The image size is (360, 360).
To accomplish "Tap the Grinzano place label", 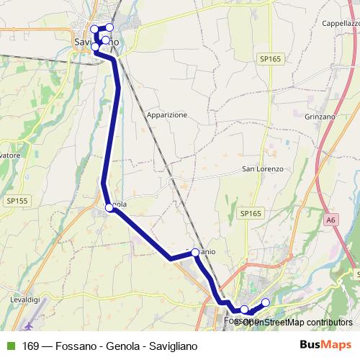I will pyautogui.click(x=320, y=116).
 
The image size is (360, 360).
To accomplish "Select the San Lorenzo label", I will pyautogui.click(x=262, y=169).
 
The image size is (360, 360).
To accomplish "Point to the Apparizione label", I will pyautogui.click(x=166, y=114).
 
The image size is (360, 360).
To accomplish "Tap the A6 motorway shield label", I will pyautogui.click(x=330, y=220).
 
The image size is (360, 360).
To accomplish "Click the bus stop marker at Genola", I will pyautogui.click(x=109, y=207).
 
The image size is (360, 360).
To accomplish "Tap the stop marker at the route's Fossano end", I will pyautogui.click(x=265, y=302).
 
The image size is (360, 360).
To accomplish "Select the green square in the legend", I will pyautogui.click(x=9, y=346).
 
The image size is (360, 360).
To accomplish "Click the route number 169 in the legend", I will pyautogui.click(x=30, y=346).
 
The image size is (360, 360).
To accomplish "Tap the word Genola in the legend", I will pyautogui.click(x=122, y=346).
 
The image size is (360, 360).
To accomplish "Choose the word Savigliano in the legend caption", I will pyautogui.click(x=172, y=346).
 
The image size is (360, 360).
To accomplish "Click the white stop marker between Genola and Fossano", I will pyautogui.click(x=195, y=253).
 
